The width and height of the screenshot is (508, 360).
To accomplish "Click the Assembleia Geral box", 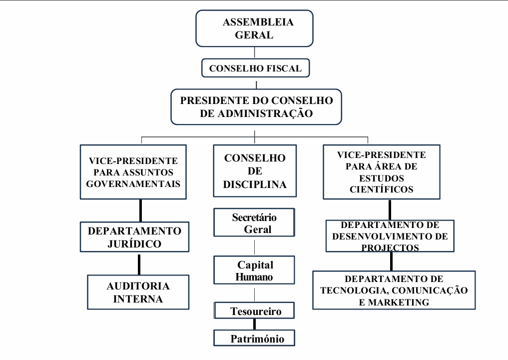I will [254, 28].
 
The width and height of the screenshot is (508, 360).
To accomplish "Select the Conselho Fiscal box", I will [255, 68].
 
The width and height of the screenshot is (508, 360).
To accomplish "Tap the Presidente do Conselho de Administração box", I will [256, 106].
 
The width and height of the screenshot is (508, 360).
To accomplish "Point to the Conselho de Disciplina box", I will [255, 171].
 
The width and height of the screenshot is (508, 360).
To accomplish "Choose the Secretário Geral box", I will [254, 223].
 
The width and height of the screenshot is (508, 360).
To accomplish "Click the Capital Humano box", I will [254, 270].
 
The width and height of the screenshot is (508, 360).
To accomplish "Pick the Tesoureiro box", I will [254, 311].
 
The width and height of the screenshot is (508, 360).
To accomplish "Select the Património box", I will [254, 338].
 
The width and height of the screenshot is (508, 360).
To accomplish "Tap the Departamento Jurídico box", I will [135, 237].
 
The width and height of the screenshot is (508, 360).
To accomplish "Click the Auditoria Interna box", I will [138, 292].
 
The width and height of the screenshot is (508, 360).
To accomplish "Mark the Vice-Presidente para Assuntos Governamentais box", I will [133, 172].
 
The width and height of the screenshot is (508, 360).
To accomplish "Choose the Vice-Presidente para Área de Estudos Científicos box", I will [382, 171].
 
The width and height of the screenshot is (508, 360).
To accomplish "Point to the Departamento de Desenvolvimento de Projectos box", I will [390, 235].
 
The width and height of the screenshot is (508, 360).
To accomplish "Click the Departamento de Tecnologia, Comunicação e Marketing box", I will [394, 290].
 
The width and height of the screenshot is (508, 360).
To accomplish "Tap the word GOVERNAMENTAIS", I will [133, 183].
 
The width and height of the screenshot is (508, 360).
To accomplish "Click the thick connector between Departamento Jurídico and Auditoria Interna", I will [139, 263].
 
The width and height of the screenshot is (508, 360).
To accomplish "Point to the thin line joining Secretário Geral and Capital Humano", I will [255, 246].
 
